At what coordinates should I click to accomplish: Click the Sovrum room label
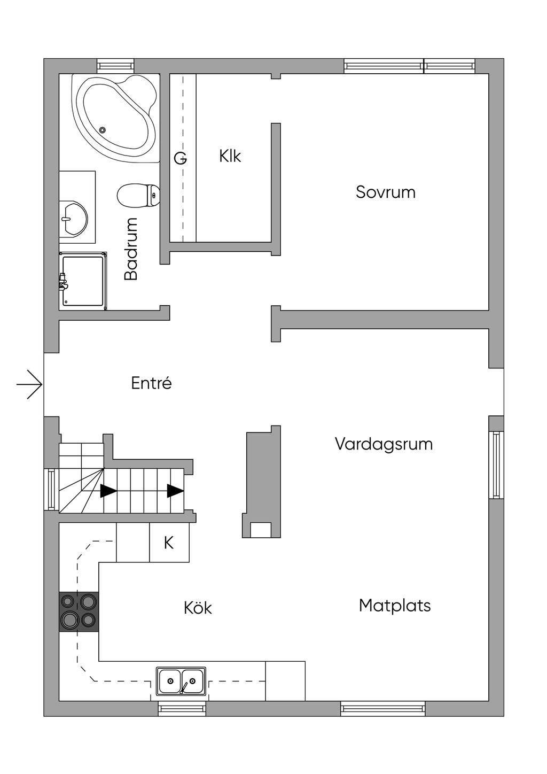click(x=385, y=192)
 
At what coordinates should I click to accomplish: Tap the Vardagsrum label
click(x=384, y=444)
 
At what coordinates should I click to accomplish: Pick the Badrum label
click(x=131, y=249)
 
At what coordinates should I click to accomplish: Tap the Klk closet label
click(x=230, y=156)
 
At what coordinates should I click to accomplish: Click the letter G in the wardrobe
click(x=180, y=159)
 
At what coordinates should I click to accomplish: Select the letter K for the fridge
click(x=168, y=543)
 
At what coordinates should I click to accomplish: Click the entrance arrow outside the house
click(x=29, y=384)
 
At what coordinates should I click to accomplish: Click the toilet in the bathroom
click(x=138, y=196)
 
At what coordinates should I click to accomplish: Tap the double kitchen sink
click(x=181, y=681)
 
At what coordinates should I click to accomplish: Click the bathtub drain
click(x=102, y=129)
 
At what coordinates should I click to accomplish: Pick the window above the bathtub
click(x=115, y=66)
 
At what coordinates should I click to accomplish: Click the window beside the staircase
click(x=51, y=489)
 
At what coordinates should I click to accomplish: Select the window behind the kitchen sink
click(x=182, y=709)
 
